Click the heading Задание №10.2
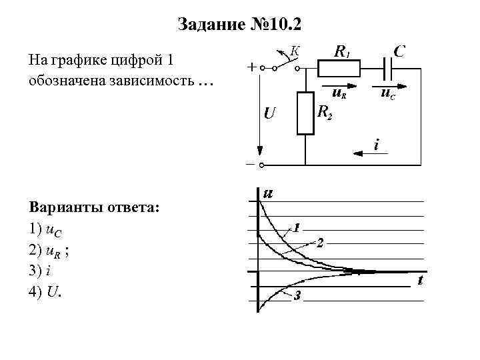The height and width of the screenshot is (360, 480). (x=240, y=25)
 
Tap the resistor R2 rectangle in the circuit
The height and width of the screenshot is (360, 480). (x=305, y=113)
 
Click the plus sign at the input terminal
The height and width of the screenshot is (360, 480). (x=251, y=67)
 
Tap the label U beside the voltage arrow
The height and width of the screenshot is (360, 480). (x=269, y=113)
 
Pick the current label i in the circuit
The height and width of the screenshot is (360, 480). (x=377, y=143)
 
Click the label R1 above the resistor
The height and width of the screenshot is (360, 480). (x=343, y=51)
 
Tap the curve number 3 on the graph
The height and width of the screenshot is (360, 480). (x=298, y=297)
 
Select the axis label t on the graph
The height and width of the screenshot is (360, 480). (x=420, y=281)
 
